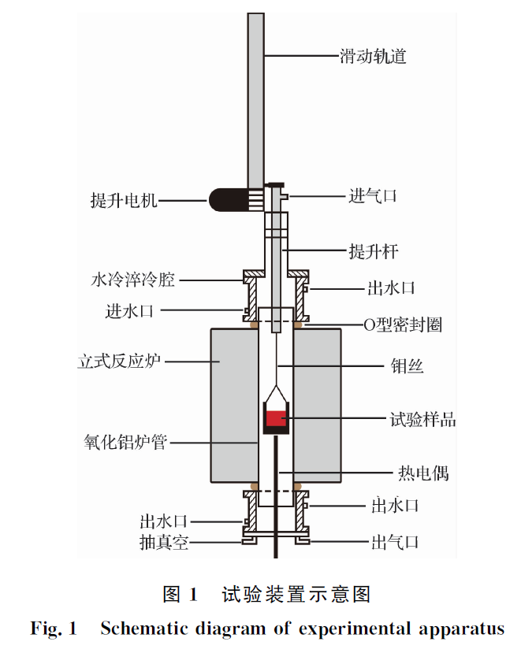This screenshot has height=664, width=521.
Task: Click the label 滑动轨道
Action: (x=373, y=56)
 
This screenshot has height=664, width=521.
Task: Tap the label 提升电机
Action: (x=125, y=201)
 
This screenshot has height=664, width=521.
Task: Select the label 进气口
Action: (x=373, y=196)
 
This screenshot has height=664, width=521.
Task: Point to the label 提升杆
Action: (x=373, y=252)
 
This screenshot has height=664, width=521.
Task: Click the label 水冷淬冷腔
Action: (x=132, y=279)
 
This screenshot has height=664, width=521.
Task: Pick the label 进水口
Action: (x=129, y=310)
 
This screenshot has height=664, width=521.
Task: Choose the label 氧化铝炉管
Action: (x=125, y=442)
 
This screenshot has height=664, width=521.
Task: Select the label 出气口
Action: (x=394, y=543)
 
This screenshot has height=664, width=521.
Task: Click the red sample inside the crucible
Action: (x=276, y=419)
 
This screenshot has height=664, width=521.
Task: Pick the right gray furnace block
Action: (x=317, y=405)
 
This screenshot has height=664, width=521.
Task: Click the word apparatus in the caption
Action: (x=461, y=629)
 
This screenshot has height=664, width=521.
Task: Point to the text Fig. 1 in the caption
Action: (x=54, y=629)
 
